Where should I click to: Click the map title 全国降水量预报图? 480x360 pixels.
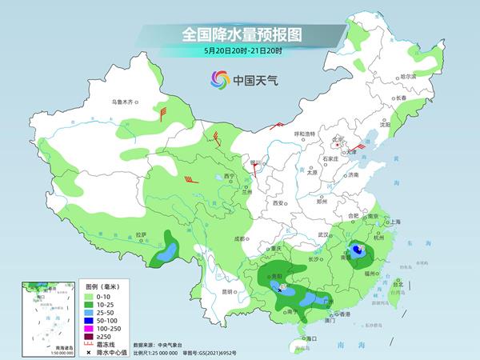click(239, 35)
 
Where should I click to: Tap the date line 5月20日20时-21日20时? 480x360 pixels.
click(240, 51)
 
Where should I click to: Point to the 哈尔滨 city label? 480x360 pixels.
click(408, 77)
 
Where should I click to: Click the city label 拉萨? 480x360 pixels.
click(141, 234)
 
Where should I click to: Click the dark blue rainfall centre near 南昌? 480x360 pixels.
click(359, 250)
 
